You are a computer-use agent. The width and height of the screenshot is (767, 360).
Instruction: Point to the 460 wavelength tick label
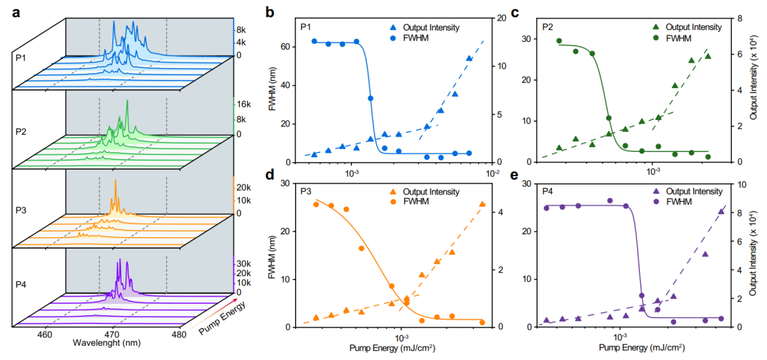[45, 334]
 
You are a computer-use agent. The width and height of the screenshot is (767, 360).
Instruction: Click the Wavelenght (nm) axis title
[102, 344]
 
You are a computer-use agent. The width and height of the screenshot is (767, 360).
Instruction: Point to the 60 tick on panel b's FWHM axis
[287, 47]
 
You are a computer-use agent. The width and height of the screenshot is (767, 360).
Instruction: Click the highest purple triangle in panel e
[722, 211]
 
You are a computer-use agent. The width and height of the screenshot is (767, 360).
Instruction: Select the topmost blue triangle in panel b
[469, 59]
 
